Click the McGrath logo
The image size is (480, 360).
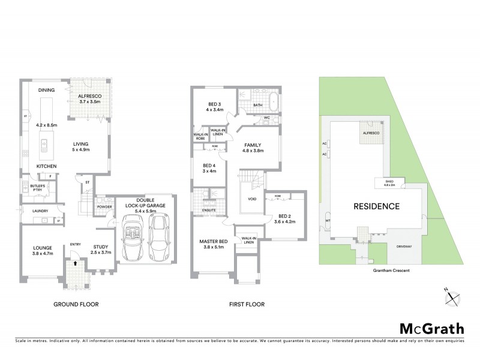tap(431, 328)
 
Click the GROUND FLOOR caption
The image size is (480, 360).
tap(76, 304)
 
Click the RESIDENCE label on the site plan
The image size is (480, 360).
tap(376, 206)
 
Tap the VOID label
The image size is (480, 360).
tap(253, 199)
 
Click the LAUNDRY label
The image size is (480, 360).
tap(40, 211)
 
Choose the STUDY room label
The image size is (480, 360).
tap(100, 246)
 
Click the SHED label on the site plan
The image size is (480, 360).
tap(385, 180)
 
